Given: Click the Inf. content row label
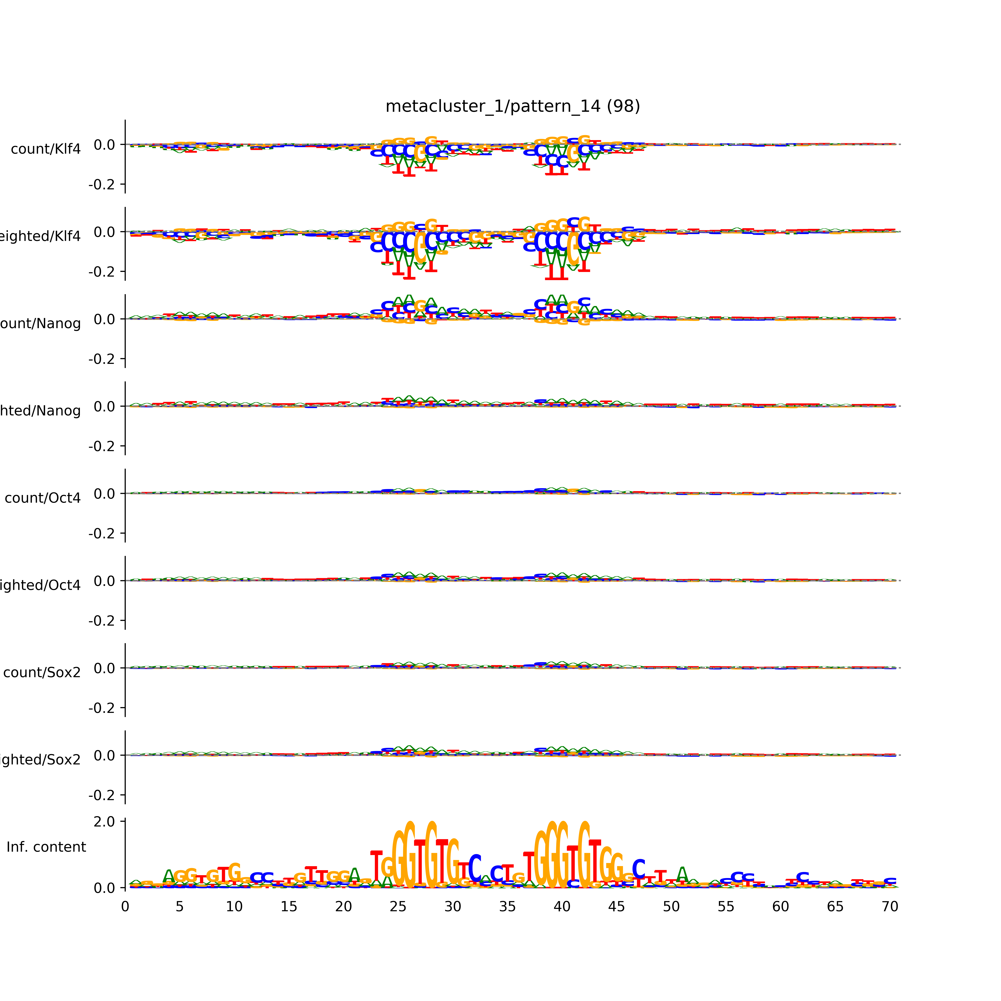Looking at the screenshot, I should [x=46, y=847].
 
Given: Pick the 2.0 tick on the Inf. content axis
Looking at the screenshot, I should [x=104, y=822].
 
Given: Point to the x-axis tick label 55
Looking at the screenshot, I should [x=726, y=907].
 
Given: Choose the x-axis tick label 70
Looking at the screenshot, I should [x=890, y=907].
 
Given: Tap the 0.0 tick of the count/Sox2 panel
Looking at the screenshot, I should [x=104, y=668].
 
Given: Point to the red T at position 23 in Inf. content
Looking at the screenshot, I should [x=377, y=864].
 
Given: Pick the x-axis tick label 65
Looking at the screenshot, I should [x=835, y=907].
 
